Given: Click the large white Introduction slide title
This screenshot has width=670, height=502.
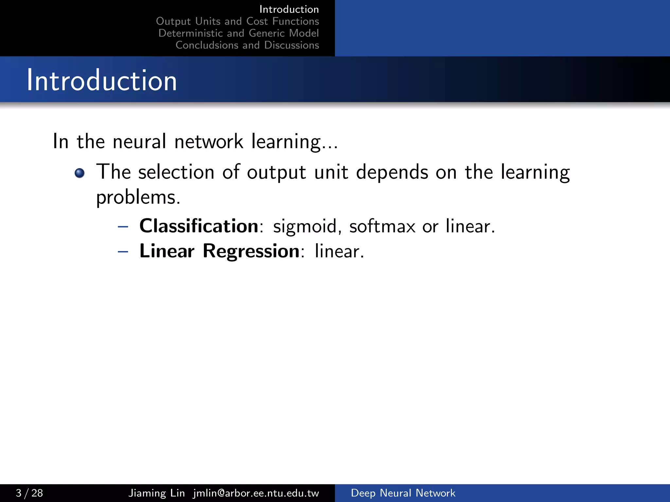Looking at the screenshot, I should [x=102, y=80].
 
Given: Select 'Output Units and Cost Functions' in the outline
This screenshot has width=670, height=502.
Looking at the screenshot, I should [x=238, y=21].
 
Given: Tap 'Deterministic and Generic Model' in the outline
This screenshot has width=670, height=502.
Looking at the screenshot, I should [x=238, y=33].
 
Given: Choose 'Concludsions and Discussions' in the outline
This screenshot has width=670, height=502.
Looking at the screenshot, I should [x=247, y=45].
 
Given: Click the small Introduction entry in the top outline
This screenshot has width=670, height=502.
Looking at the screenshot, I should [x=289, y=9].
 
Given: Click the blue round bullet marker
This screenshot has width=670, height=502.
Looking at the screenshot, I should [x=79, y=173].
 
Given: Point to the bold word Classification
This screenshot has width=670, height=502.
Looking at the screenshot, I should [x=199, y=226].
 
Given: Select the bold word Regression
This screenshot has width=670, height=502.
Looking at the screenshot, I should [x=251, y=251].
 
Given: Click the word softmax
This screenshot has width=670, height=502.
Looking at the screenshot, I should [x=382, y=226].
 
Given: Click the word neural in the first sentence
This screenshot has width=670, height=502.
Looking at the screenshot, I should [x=139, y=142].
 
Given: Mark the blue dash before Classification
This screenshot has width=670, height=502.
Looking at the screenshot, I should [x=123, y=226].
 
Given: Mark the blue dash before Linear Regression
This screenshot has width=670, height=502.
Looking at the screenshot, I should [x=123, y=252].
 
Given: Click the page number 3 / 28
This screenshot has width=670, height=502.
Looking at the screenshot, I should [x=29, y=493].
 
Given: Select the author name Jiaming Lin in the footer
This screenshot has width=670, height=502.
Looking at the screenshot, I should [x=156, y=493].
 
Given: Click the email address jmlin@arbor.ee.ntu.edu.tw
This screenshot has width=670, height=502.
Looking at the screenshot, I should [x=256, y=493].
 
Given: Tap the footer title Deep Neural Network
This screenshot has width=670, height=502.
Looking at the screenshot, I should [x=403, y=493].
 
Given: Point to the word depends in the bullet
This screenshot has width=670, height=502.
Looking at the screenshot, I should [x=392, y=173].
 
